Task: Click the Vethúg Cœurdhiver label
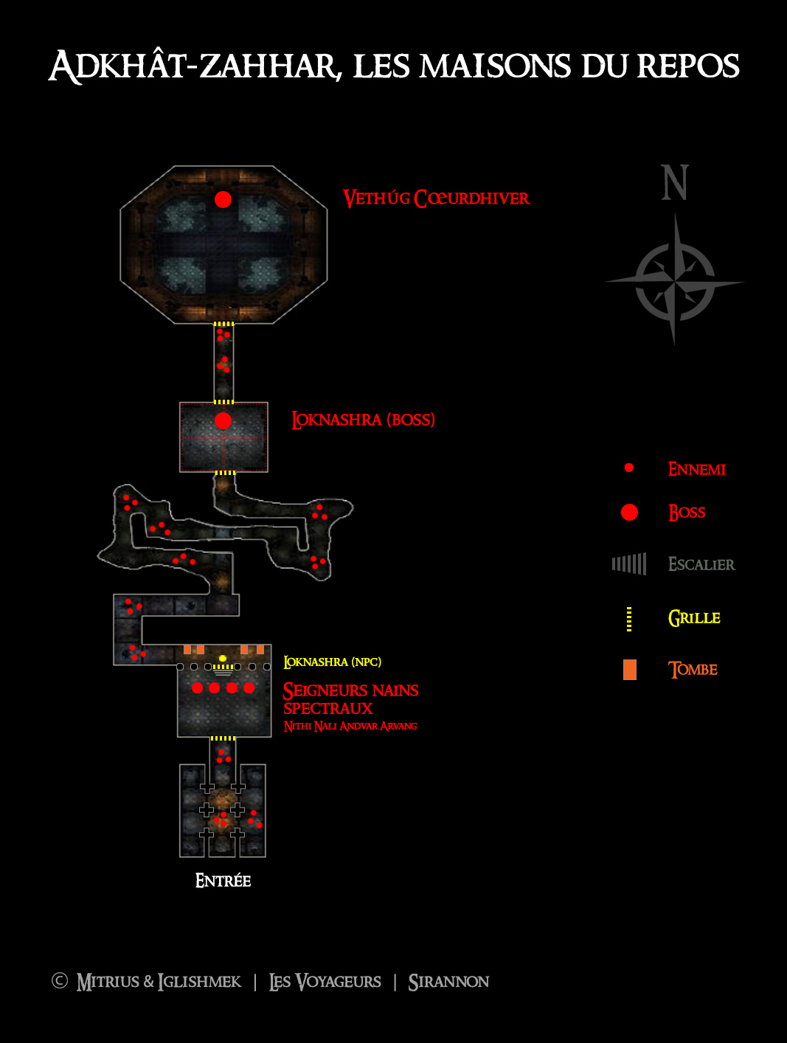(436, 198)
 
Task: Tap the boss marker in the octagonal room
(223, 200)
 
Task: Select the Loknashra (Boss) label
(364, 420)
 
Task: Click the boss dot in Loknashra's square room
(223, 420)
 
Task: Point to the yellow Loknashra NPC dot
(222, 658)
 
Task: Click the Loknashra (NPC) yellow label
(333, 662)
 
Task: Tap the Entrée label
(223, 881)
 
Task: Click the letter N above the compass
(675, 182)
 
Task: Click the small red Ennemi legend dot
(629, 468)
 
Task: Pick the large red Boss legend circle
(629, 512)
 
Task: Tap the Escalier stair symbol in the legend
(629, 564)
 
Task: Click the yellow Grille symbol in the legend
(629, 619)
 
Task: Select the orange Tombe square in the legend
(630, 670)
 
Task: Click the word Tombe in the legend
(693, 670)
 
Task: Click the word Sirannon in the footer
(448, 982)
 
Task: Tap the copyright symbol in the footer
(60, 980)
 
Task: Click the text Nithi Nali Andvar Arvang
(350, 727)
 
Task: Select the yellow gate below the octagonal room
(223, 324)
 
